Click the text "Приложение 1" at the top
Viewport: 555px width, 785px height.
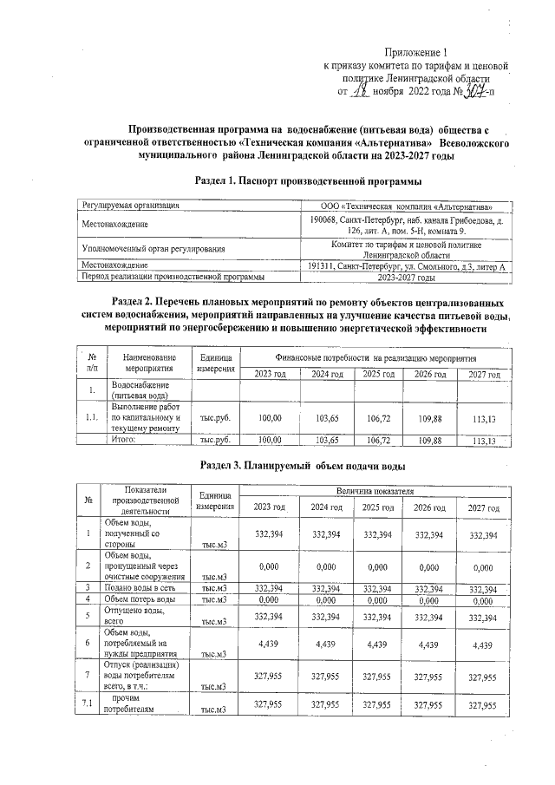417,53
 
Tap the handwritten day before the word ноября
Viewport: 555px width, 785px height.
365,88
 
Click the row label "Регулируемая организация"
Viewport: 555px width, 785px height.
131,206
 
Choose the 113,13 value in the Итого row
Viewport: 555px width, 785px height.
481,441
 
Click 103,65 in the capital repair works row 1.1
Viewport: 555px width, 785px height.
327,417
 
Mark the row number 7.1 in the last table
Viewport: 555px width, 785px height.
88,703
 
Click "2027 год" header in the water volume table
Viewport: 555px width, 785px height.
482,507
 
